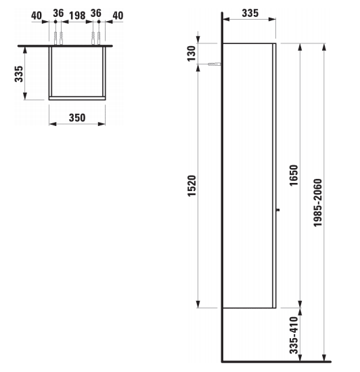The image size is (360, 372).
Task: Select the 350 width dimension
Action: coord(76,118)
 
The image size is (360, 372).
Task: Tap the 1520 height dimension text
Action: coord(192,188)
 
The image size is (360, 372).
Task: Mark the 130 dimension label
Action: coord(192,54)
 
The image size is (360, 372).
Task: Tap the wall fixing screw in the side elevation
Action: coord(215,64)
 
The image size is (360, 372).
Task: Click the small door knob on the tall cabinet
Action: coord(277,211)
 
